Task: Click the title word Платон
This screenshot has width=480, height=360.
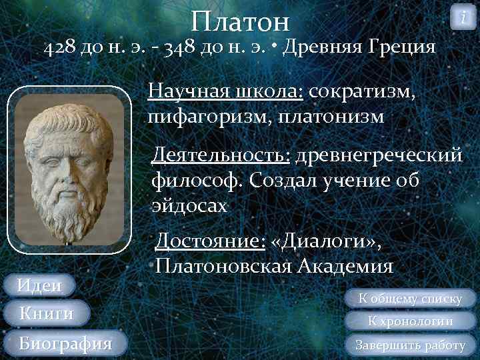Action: click(x=240, y=21)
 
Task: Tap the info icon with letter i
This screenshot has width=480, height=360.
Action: click(x=463, y=17)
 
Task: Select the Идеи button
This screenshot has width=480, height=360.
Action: click(x=39, y=285)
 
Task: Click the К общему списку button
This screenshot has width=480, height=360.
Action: click(x=411, y=299)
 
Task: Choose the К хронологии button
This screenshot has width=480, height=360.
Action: click(x=411, y=321)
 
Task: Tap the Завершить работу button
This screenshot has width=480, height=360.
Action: click(x=411, y=345)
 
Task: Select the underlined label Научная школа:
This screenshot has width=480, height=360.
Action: click(x=226, y=91)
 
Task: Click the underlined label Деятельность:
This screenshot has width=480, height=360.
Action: click(x=221, y=156)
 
